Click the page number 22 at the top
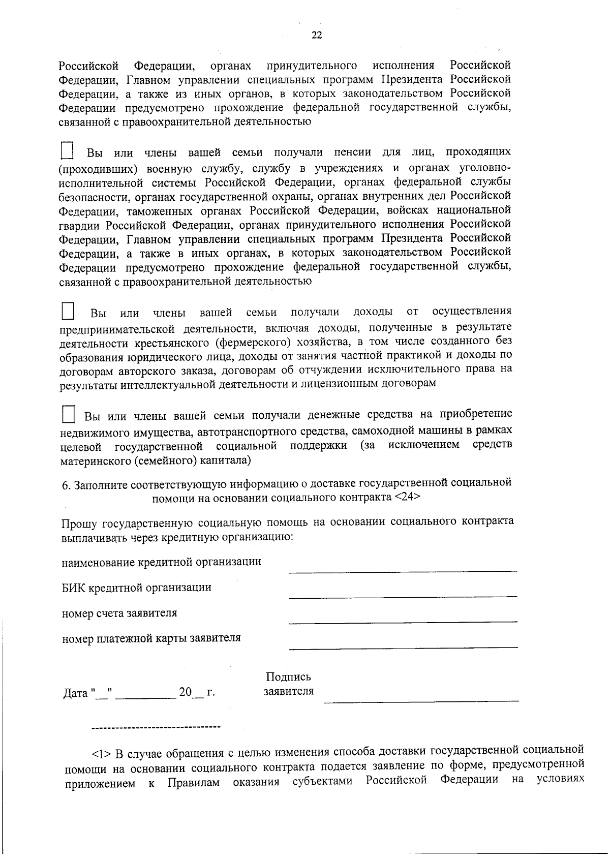316,35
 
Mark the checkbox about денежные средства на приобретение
68,414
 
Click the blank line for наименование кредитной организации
402,570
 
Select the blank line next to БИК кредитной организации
402,595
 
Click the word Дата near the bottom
75,693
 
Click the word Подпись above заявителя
288,676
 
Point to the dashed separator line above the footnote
156,727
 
